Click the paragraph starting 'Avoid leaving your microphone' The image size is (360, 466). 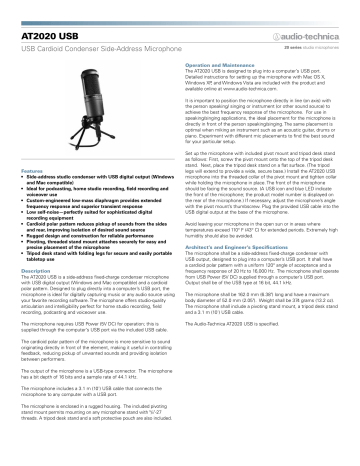pyautogui.click(x=266, y=214)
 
